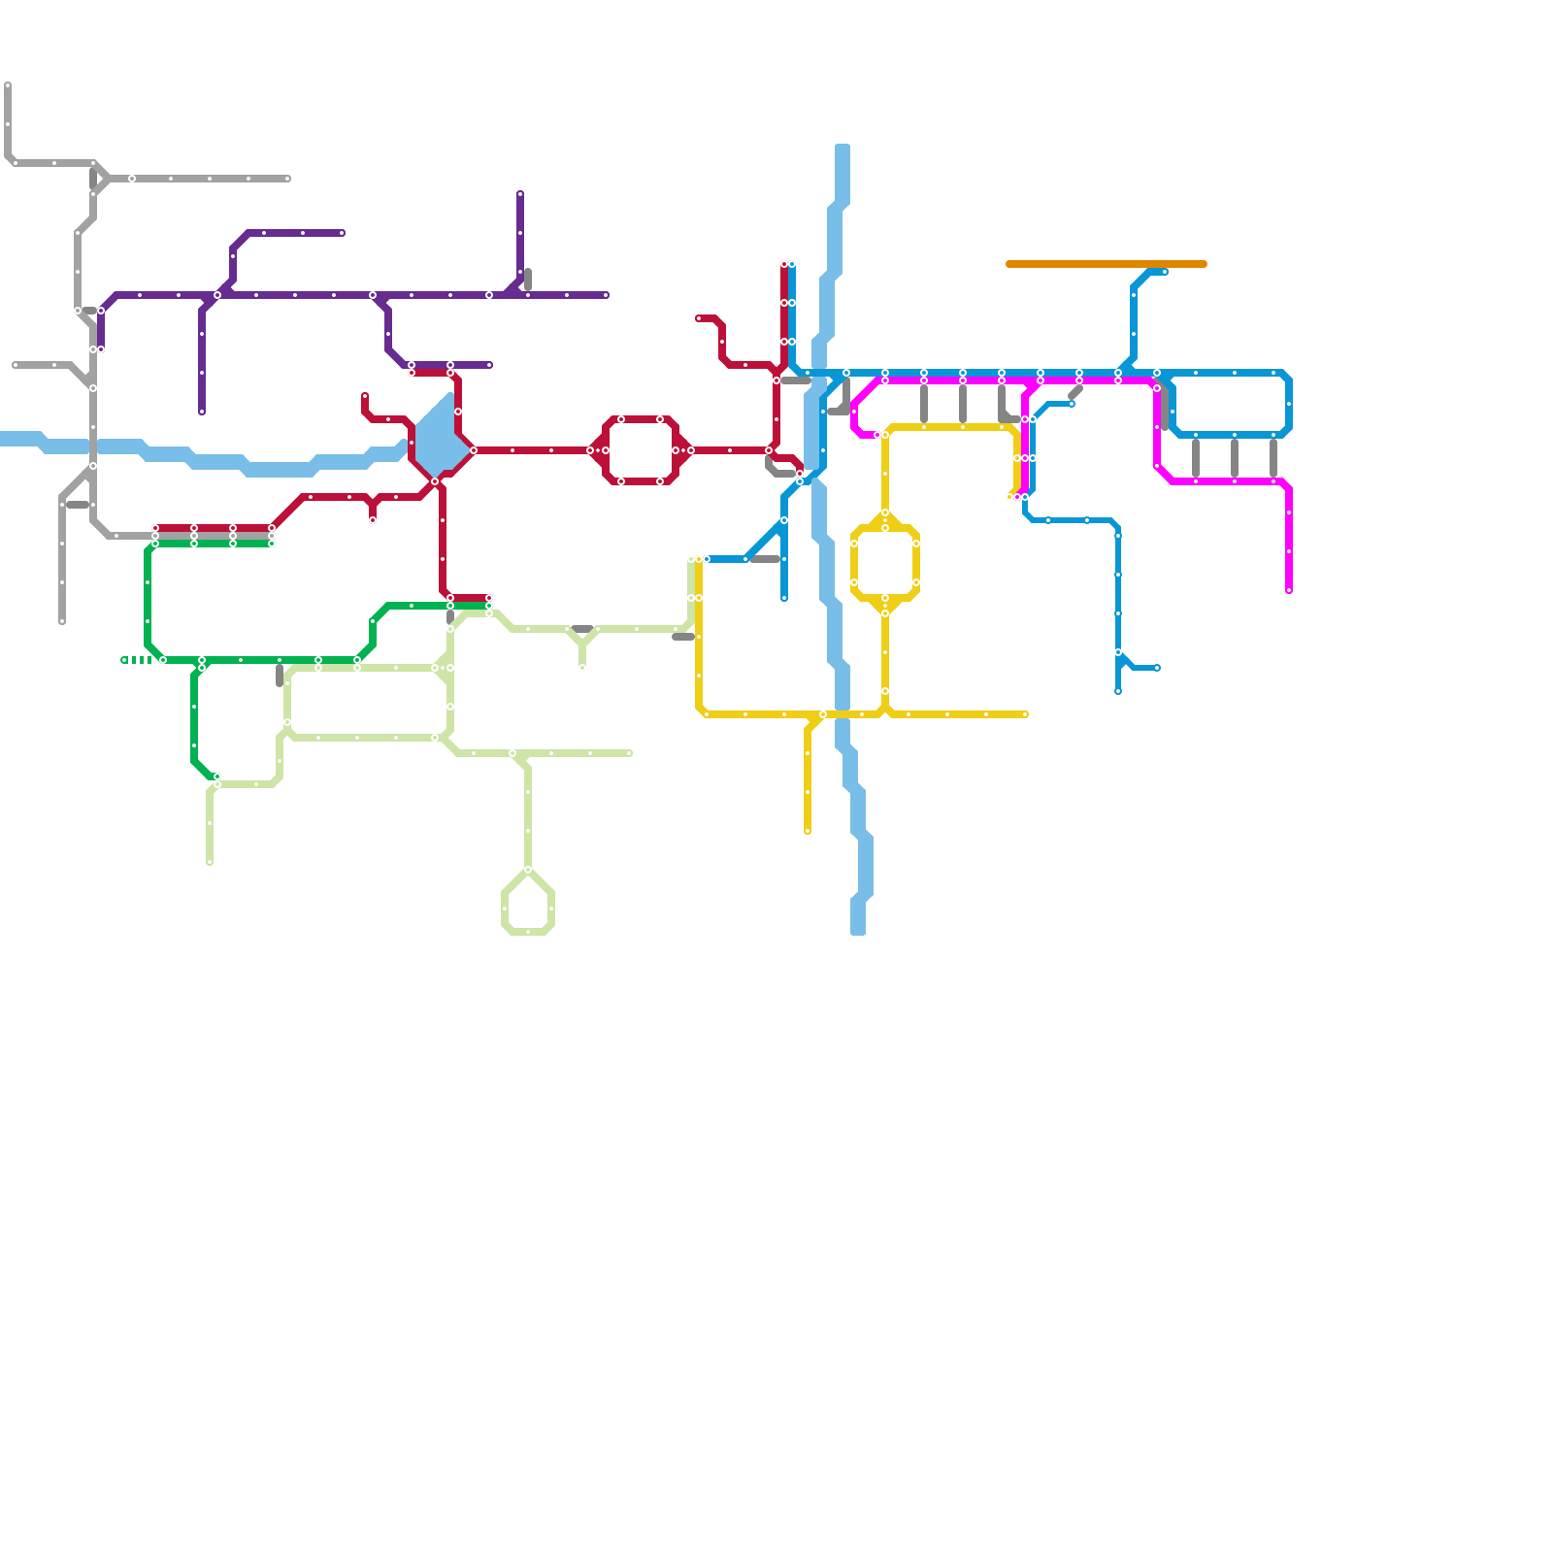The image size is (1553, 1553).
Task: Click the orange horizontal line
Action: pyautogui.click(x=1107, y=264)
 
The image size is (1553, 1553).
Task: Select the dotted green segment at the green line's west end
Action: pyautogui.click(x=137, y=660)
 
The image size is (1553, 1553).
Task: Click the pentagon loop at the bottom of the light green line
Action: pyautogui.click(x=528, y=903)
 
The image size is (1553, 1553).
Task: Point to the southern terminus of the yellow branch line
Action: pyautogui.click(x=808, y=831)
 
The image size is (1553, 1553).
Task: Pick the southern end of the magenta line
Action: pyautogui.click(x=1289, y=590)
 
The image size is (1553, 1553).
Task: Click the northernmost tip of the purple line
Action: pyautogui.click(x=520, y=194)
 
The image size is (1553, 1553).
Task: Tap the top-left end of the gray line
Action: pyautogui.click(x=8, y=85)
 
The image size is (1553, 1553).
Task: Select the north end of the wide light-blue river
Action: pyautogui.click(x=843, y=148)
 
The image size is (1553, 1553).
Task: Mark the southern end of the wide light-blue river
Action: pyautogui.click(x=858, y=932)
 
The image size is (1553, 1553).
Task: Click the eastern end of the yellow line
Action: pyautogui.click(x=1025, y=714)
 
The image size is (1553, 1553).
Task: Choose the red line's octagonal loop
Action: pyautogui.click(x=641, y=450)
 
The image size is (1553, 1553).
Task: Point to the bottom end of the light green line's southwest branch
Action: pyautogui.click(x=210, y=862)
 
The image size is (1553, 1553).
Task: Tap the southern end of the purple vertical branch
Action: pyautogui.click(x=202, y=412)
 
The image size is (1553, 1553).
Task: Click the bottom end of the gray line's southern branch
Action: pyautogui.click(x=62, y=621)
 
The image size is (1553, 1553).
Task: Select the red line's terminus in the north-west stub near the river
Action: pyautogui.click(x=365, y=396)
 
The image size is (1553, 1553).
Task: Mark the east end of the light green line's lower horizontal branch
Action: pyautogui.click(x=629, y=753)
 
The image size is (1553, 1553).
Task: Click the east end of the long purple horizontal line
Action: pyautogui.click(x=606, y=295)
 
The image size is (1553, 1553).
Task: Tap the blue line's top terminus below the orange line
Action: pyautogui.click(x=1165, y=272)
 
